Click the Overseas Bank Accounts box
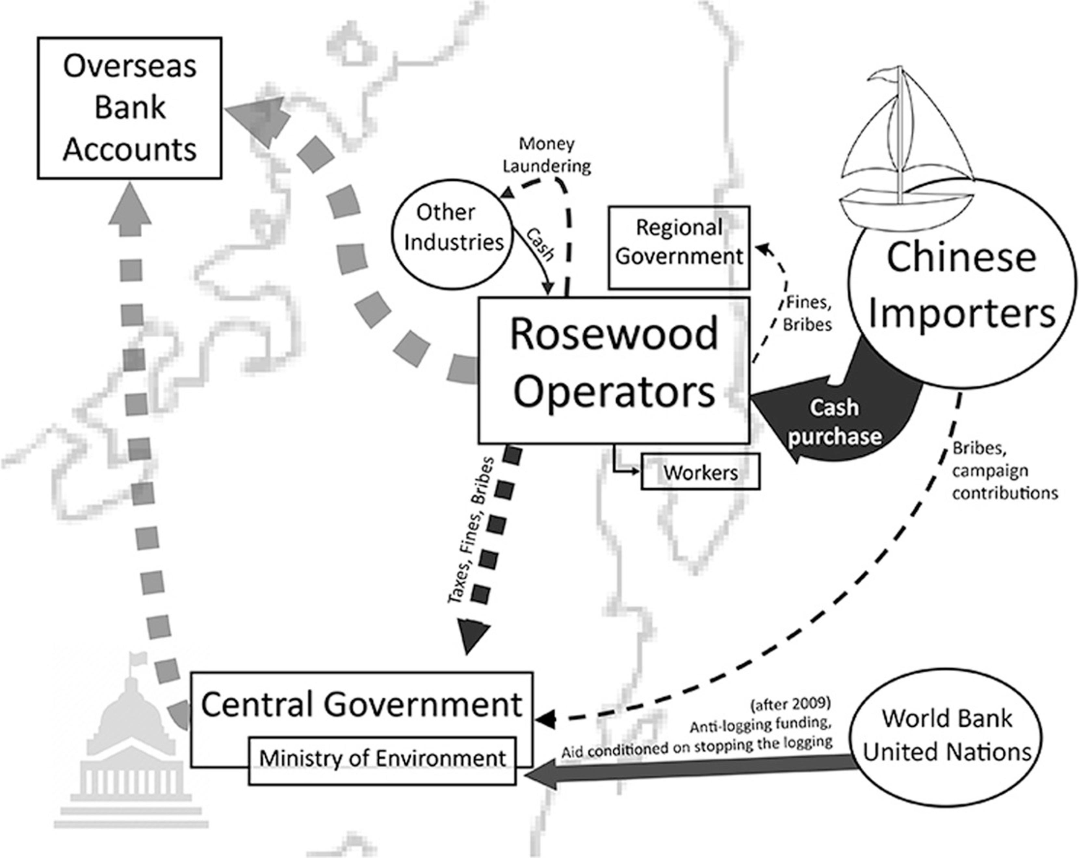pos(129,108)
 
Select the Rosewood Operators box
pos(614,370)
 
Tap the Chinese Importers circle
pos(962,286)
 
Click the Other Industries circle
pos(452,234)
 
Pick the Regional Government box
pos(679,247)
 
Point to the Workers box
pos(700,472)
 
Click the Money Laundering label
pos(547,154)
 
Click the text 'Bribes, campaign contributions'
pos(1003,470)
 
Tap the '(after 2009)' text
pos(790,704)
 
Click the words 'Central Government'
pos(361,704)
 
